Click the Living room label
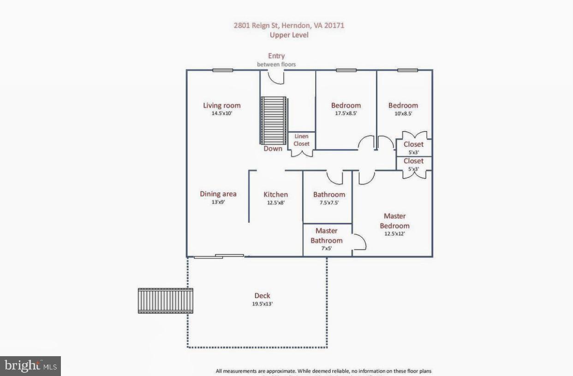coord(221,106)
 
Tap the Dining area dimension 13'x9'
coord(218,202)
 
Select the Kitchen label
coord(275,195)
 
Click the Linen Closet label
coord(301,140)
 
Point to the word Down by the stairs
coord(273,149)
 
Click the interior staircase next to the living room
coord(274,120)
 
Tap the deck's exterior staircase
coord(165,301)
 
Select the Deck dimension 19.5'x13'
coord(262,304)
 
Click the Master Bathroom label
coord(326,235)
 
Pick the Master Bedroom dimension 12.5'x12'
coord(394,233)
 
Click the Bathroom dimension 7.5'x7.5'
coord(329,202)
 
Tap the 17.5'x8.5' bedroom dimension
coord(346,113)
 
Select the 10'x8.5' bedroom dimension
coord(403,113)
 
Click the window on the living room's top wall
coord(222,70)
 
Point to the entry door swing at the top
coord(276,78)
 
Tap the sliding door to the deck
coord(219,256)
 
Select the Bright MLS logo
coord(30,366)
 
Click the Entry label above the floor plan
coord(276,56)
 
